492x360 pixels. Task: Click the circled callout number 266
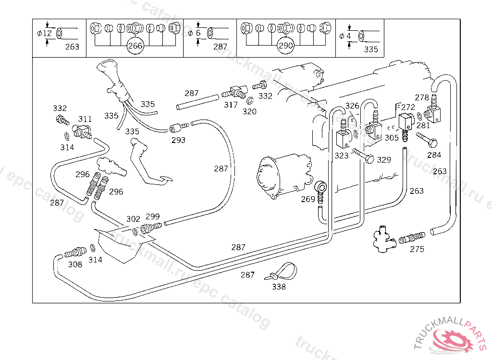pos(135,46)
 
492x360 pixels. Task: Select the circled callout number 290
pos(285,46)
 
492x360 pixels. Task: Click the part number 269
pos(308,199)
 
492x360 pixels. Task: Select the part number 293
pos(178,140)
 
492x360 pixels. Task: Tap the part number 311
pos(85,119)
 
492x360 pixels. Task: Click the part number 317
pos(231,105)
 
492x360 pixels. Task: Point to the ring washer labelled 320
pos(250,101)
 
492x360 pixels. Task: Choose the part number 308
pos(75,264)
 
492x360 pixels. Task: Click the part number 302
pos(133,219)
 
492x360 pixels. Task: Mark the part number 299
pos(152,216)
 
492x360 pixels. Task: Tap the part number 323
pos(342,156)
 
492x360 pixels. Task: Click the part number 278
pos(422,97)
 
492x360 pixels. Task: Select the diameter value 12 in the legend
pos(47,33)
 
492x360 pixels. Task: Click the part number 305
pos(392,138)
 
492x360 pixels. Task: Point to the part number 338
pos(279,287)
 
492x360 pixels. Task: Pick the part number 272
pos(408,108)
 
